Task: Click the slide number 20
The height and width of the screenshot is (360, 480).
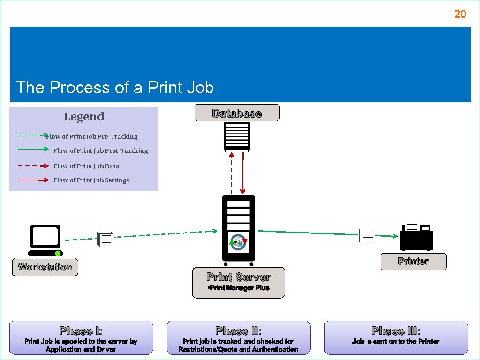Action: pyautogui.click(x=460, y=14)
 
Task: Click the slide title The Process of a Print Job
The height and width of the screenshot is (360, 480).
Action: pyautogui.click(x=115, y=88)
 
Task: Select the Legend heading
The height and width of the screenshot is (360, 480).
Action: pyautogui.click(x=84, y=117)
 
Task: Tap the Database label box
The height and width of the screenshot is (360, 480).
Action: pyautogui.click(x=237, y=113)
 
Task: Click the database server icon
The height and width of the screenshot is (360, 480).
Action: pyautogui.click(x=237, y=136)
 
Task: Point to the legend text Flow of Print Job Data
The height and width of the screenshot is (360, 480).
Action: pyautogui.click(x=86, y=166)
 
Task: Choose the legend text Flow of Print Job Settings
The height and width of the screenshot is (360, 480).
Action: pyautogui.click(x=91, y=180)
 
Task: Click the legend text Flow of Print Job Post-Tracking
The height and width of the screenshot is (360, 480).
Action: pyautogui.click(x=100, y=150)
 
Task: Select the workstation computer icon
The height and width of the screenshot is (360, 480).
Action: pyautogui.click(x=45, y=240)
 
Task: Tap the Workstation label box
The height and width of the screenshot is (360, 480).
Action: pyautogui.click(x=45, y=267)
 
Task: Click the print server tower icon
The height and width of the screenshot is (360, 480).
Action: pyautogui.click(x=238, y=228)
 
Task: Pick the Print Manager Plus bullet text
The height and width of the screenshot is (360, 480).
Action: pyautogui.click(x=238, y=288)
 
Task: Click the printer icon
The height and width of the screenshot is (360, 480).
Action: pyautogui.click(x=416, y=236)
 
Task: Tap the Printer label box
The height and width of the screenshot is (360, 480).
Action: pyautogui.click(x=413, y=262)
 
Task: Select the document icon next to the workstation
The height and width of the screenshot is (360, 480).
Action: pyautogui.click(x=105, y=240)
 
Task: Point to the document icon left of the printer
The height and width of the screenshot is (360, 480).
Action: pyautogui.click(x=367, y=237)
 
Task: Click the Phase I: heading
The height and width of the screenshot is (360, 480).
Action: pyautogui.click(x=81, y=331)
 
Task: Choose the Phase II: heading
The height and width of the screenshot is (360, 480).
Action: pyautogui.click(x=238, y=331)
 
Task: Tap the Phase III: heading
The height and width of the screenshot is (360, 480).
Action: pyautogui.click(x=396, y=331)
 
